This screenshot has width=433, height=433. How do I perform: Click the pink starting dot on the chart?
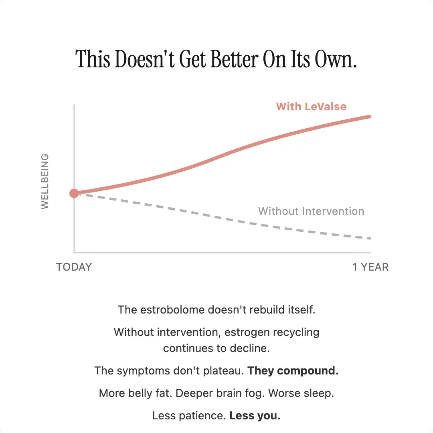tap(74, 194)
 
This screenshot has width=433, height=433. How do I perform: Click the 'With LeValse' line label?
tap(311, 107)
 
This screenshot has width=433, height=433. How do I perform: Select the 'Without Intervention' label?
tap(311, 211)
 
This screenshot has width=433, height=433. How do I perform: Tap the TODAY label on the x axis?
tap(74, 267)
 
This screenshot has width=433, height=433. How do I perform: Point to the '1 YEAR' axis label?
tap(370, 267)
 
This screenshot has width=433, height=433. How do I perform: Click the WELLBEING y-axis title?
tap(45, 181)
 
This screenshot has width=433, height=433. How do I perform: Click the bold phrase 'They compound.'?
tap(293, 371)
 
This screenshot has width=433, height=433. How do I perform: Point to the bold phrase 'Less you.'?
tap(255, 416)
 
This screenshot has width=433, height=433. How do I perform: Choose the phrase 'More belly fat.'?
tap(136, 393)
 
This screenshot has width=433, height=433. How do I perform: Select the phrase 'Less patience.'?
tap(189, 416)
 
